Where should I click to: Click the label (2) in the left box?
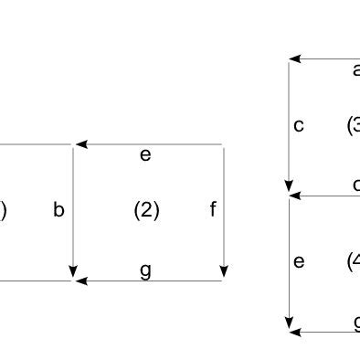click(146, 211)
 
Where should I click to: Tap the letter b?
click(58, 210)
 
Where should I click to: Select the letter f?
click(213, 210)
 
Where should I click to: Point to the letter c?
click(299, 126)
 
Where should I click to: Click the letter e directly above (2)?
click(145, 155)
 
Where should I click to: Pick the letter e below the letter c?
click(299, 262)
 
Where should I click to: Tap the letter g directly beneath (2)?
click(145, 270)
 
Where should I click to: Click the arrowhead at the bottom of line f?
click(224, 272)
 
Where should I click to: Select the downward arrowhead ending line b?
click(73, 271)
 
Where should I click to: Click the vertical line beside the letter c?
click(289, 119)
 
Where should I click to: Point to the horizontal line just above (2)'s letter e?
click(155, 144)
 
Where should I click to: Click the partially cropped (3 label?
click(354, 125)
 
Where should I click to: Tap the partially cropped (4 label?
click(354, 262)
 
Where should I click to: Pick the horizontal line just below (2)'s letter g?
click(155, 281)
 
